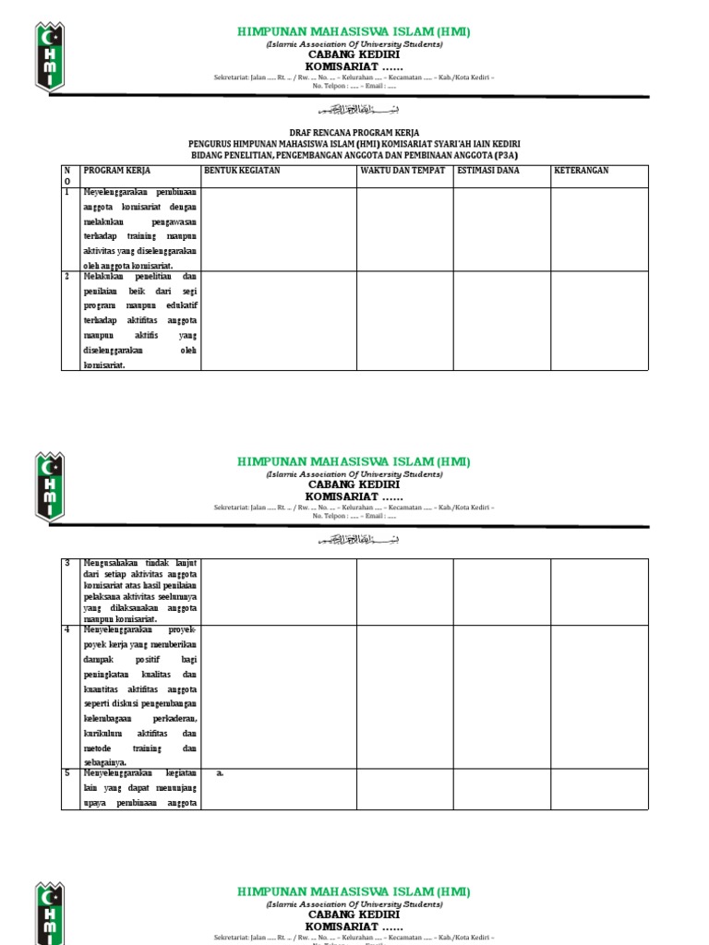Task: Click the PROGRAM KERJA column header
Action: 117,171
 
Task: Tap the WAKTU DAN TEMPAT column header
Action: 403,171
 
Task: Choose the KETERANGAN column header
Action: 581,171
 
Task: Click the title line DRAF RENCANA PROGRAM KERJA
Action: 354,133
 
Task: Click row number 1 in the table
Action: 66,193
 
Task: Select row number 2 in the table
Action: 66,276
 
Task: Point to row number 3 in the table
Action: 66,563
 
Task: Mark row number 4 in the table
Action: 66,629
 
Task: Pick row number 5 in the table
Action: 66,773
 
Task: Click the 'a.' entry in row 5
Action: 221,773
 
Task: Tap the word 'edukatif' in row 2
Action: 180,305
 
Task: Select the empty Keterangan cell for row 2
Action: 599,320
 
